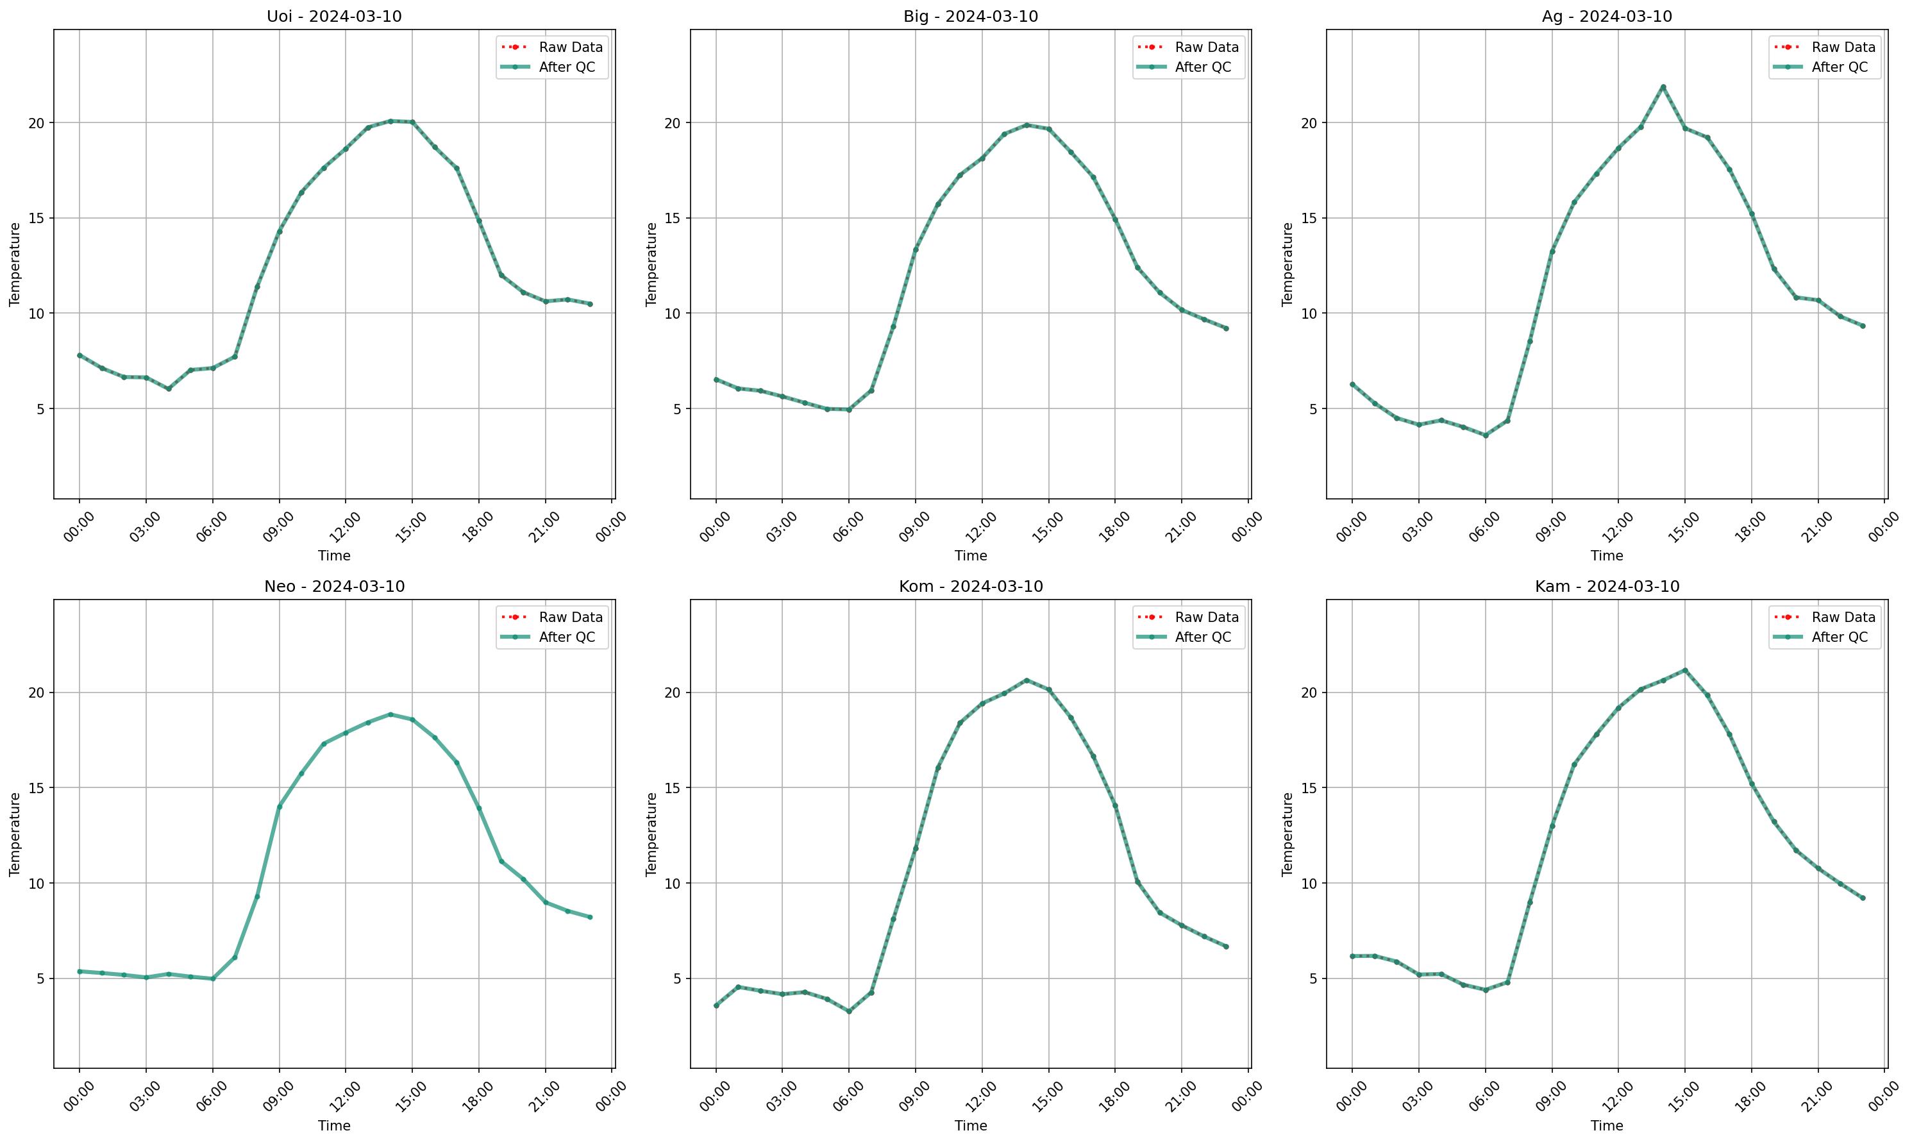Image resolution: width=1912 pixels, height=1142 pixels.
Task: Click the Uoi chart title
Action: coord(334,16)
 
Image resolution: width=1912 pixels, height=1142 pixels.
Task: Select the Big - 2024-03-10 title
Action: coord(970,16)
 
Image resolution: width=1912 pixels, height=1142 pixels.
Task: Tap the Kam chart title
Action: coord(1607,587)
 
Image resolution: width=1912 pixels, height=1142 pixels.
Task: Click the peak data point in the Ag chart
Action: coord(1663,87)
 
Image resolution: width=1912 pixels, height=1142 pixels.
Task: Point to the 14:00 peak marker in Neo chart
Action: coord(390,714)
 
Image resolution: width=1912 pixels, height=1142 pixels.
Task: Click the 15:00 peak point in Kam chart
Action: coord(1685,670)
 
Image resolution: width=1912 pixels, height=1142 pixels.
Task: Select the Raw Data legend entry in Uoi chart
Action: coord(570,47)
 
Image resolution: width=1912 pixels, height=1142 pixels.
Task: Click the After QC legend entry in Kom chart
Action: coord(1203,637)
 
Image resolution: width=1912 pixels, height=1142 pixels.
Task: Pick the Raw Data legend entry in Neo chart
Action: coord(570,617)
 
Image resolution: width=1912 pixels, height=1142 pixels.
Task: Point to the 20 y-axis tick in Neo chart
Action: coord(37,693)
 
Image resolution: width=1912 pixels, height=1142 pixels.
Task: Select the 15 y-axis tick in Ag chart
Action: coord(1309,218)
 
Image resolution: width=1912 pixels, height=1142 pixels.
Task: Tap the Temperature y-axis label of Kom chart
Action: coord(651,834)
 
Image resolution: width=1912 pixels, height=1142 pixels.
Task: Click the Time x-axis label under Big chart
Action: coord(970,555)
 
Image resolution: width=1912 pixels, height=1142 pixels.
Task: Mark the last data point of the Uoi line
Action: coord(590,304)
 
